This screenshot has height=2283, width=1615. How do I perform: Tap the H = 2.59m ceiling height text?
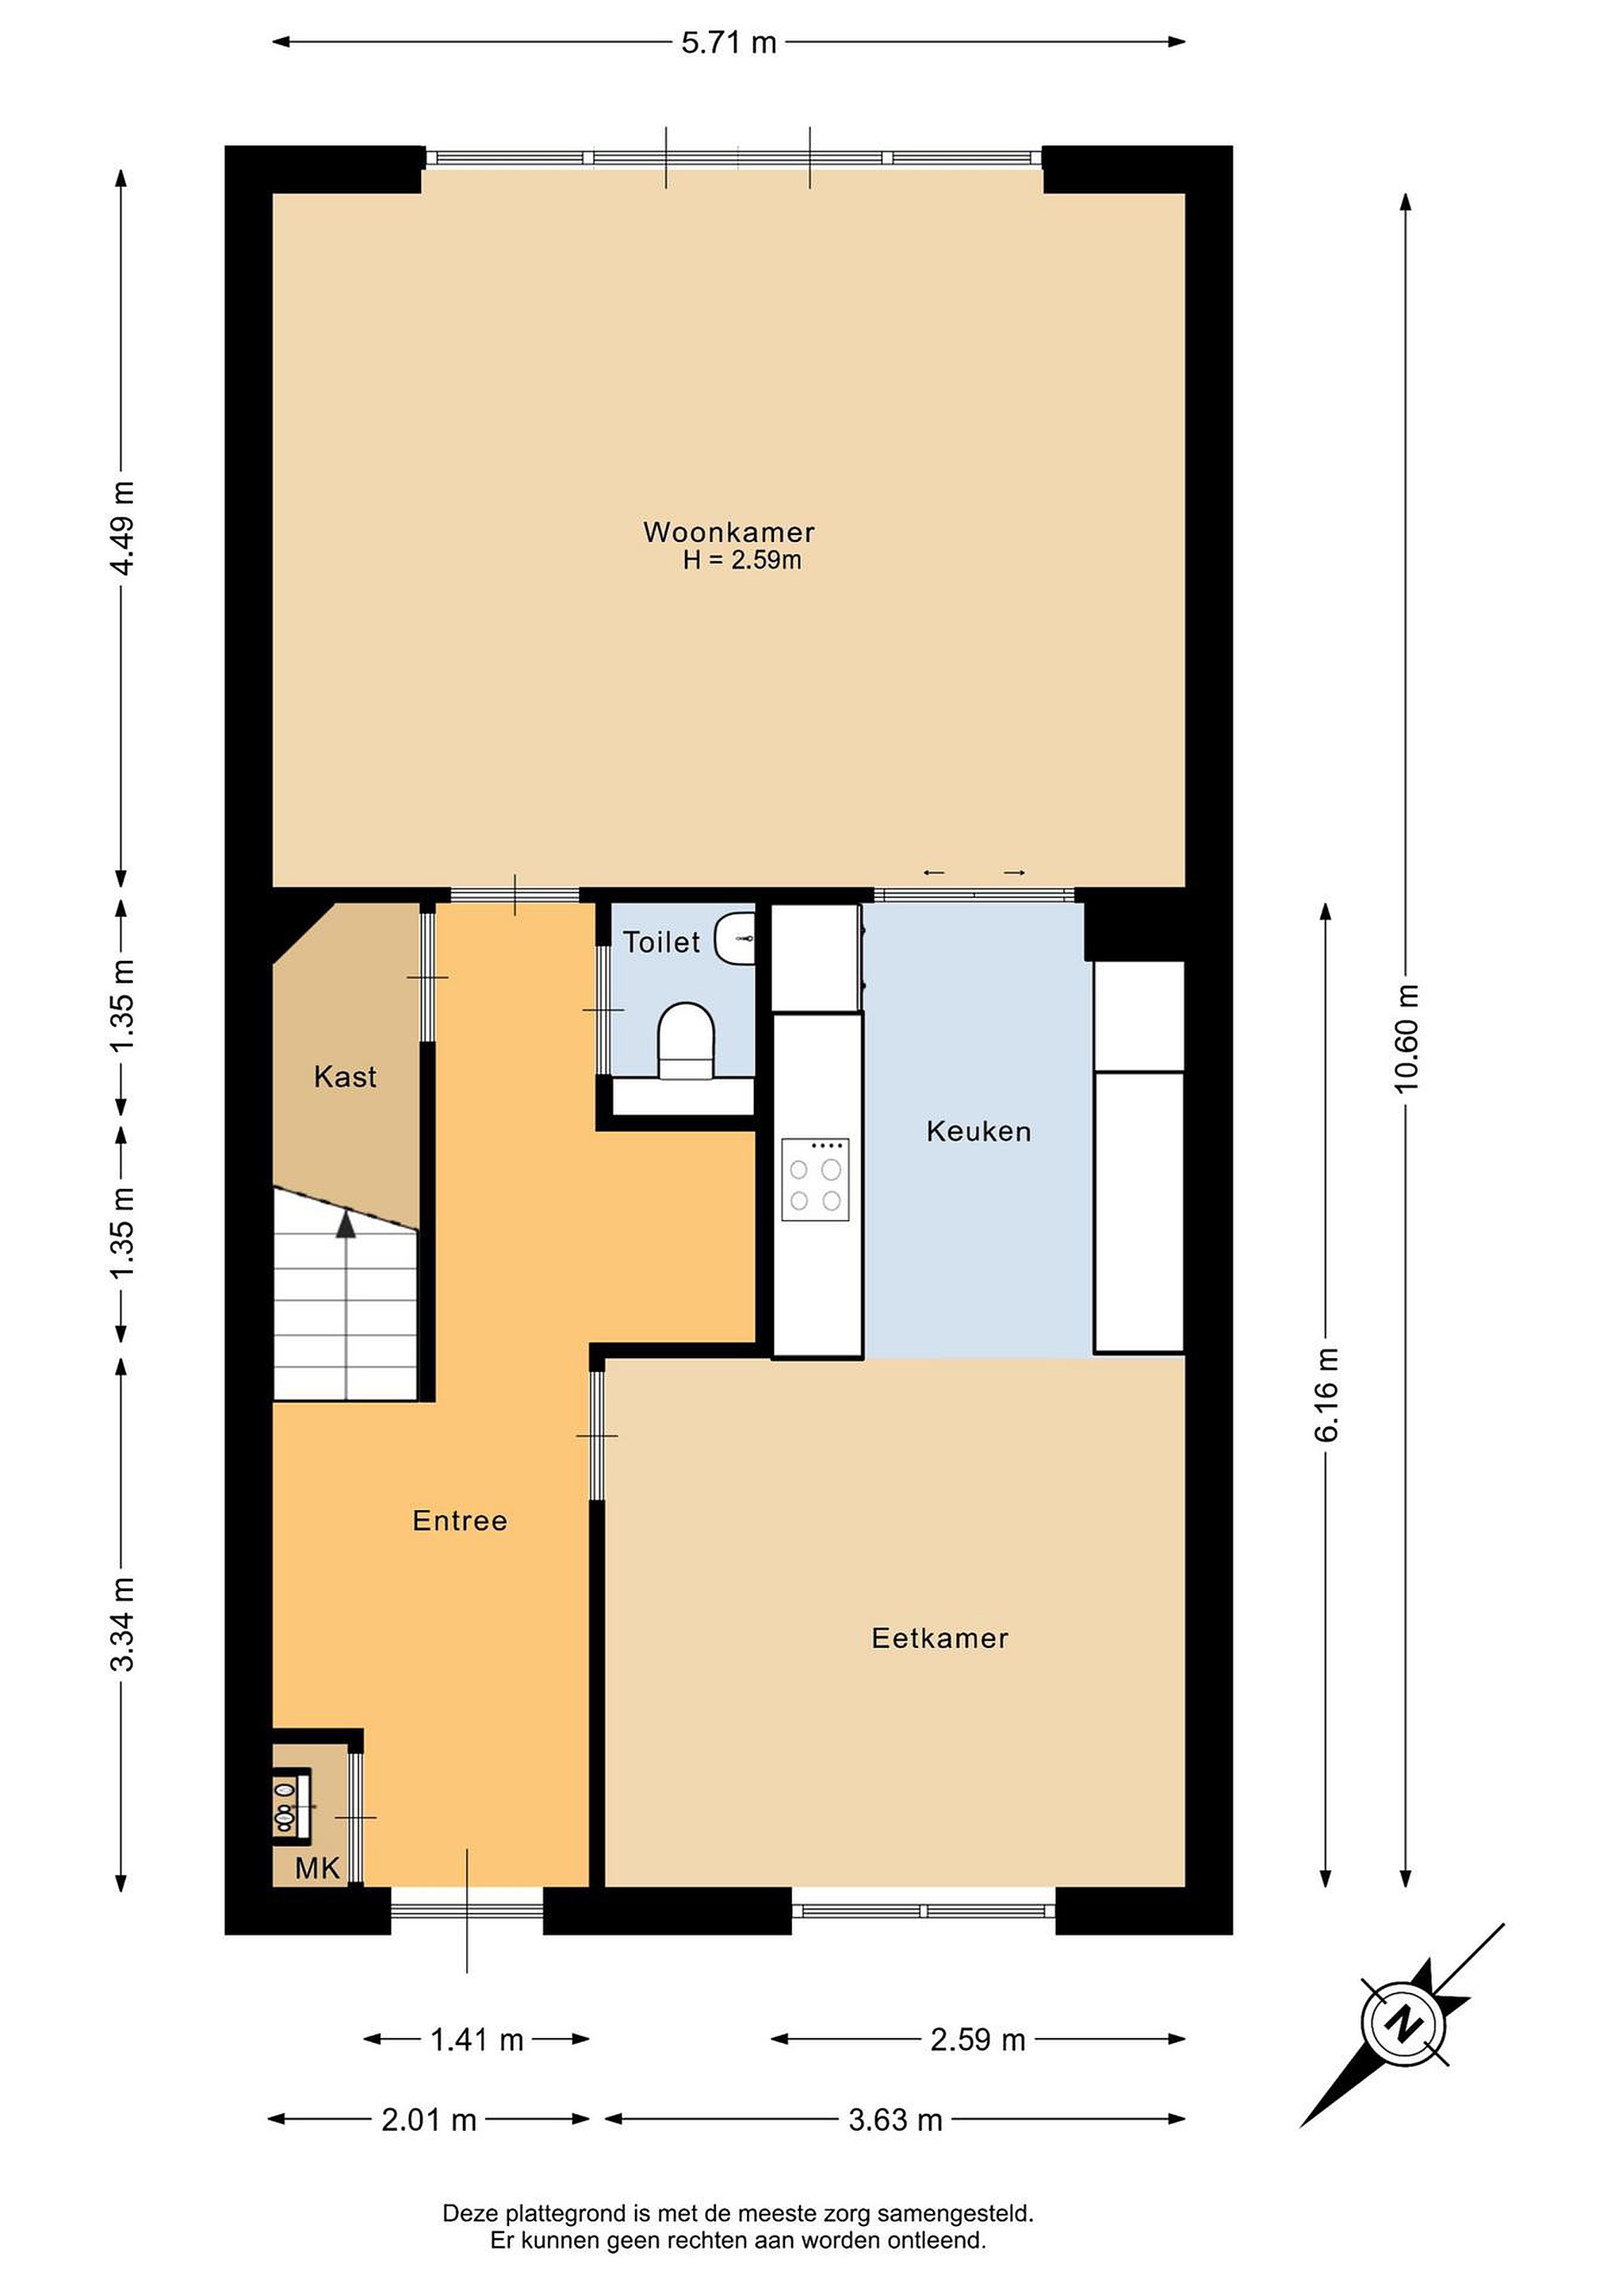pos(742,560)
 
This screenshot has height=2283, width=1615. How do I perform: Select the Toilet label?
pos(661,942)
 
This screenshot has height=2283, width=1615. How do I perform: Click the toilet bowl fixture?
pos(686,1040)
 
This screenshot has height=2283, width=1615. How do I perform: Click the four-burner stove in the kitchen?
pos(816,1180)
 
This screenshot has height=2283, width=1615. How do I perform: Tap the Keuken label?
pos(978,1130)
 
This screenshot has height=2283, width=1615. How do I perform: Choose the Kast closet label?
pos(345,1076)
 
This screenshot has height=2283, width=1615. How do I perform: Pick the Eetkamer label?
pos(940,1638)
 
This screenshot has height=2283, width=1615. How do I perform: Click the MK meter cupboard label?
pos(317,1868)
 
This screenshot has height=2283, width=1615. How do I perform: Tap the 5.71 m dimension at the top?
pos(729,43)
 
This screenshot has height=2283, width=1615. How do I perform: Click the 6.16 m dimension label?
pos(1326,1394)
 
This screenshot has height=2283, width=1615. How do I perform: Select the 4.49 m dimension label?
pos(122,528)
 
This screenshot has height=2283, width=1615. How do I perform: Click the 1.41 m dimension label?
pos(476,2040)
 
